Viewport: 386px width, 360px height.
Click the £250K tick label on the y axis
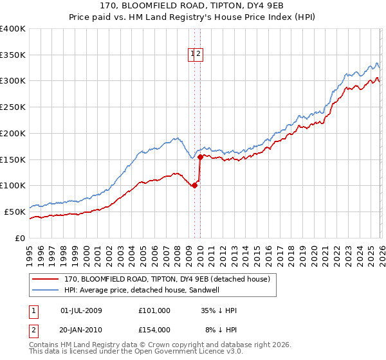click(13, 107)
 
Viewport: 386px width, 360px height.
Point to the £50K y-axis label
click(15, 212)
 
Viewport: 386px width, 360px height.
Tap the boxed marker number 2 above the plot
click(199, 55)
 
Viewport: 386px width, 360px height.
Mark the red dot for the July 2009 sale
click(194, 185)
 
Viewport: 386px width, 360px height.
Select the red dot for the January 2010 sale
click(200, 157)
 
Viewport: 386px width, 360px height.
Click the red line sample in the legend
click(45, 279)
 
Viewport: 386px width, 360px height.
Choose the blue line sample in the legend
click(45, 290)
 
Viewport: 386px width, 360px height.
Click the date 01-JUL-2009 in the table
click(81, 310)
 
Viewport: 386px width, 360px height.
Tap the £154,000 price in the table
click(154, 330)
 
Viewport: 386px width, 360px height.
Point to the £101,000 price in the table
click(154, 310)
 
